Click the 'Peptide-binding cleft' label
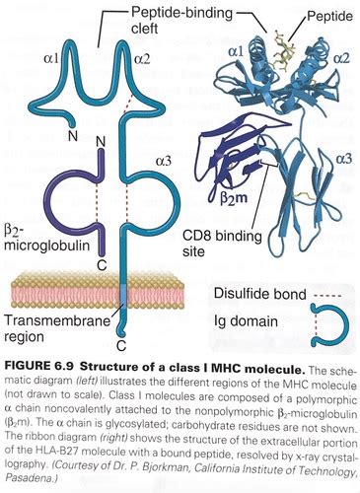pyautogui.click(x=181, y=20)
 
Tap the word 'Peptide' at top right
pyautogui.click(x=329, y=16)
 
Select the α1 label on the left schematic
pyautogui.click(x=51, y=58)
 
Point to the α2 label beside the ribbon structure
pyautogui.click(x=341, y=58)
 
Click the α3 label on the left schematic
pyautogui.click(x=164, y=161)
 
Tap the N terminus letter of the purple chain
pyautogui.click(x=101, y=142)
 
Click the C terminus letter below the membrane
pyautogui.click(x=121, y=345)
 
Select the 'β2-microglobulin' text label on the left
pyautogui.click(x=46, y=238)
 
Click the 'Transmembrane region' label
pyautogui.click(x=56, y=328)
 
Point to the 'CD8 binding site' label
pyautogui.click(x=222, y=244)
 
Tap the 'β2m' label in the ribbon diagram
pyautogui.click(x=233, y=199)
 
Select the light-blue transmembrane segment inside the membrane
pyautogui.click(x=122, y=294)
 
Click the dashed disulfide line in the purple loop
pyautogui.click(x=97, y=202)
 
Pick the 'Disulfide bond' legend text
pyautogui.click(x=259, y=294)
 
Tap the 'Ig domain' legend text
pyautogui.click(x=246, y=321)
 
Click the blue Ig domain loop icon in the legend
pyautogui.click(x=346, y=324)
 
